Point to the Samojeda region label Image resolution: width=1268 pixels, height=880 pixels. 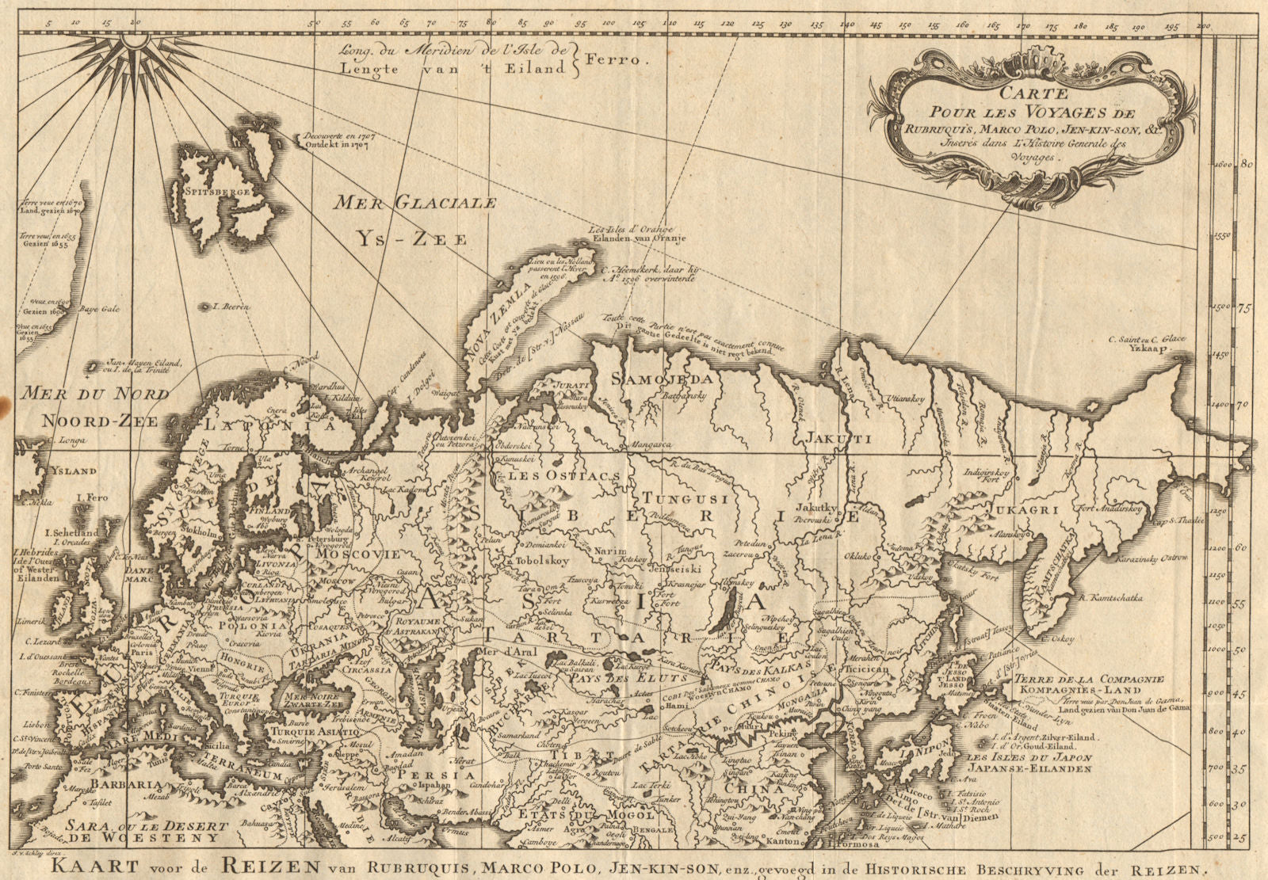coord(662,379)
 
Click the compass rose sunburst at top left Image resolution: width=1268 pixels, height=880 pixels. coord(136,37)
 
